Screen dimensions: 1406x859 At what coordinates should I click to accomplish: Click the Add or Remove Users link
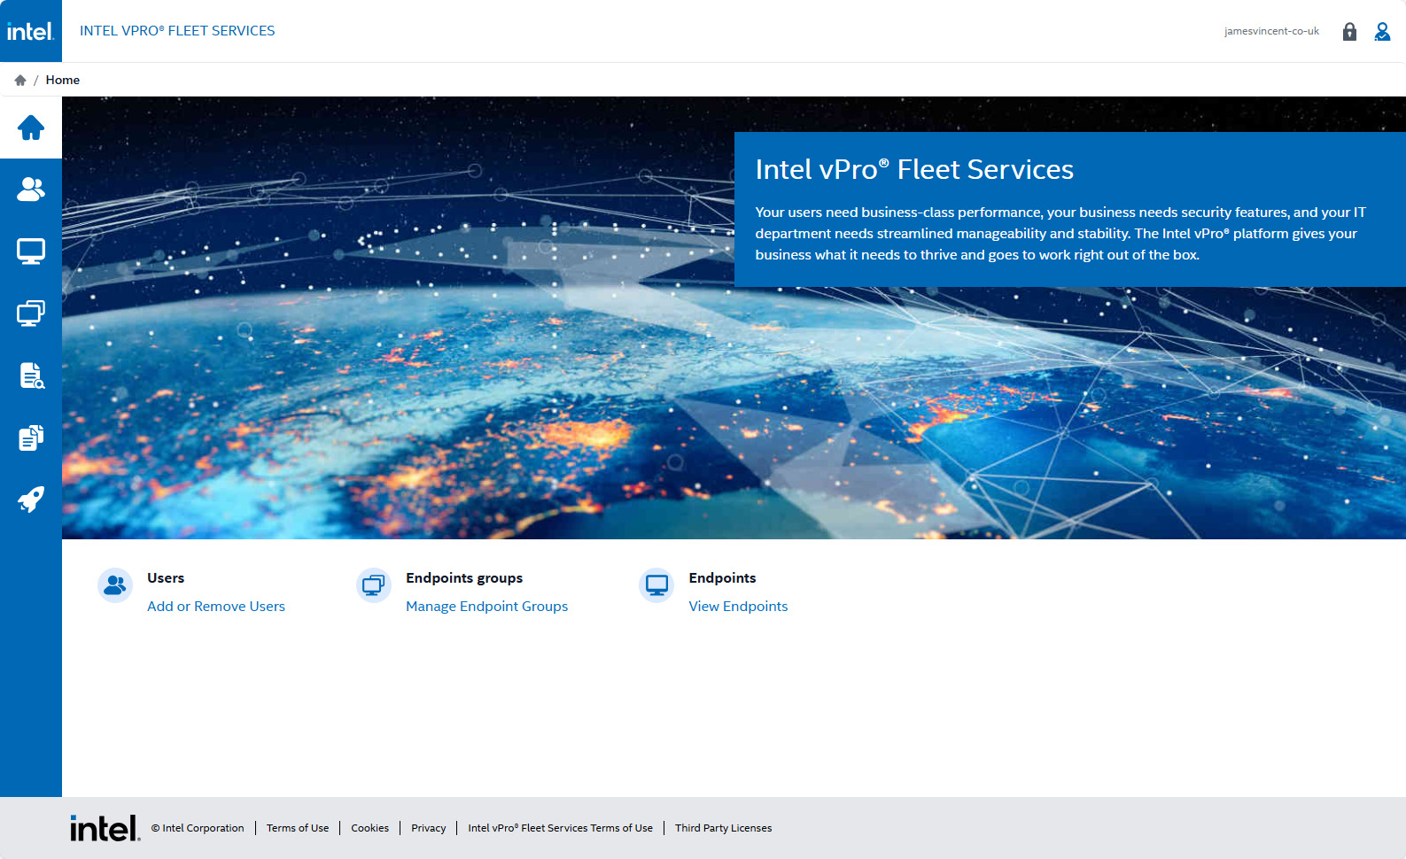[x=216, y=606]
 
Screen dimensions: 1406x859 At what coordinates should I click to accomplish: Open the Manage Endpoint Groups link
[x=486, y=606]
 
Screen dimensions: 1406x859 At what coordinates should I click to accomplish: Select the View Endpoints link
[x=738, y=606]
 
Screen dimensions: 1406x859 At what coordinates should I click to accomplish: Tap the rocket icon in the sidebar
[x=31, y=499]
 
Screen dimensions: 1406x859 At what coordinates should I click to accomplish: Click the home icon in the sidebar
[x=31, y=128]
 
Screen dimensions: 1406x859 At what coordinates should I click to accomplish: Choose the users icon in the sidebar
[x=31, y=189]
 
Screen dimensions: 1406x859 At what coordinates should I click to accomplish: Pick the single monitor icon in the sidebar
[x=31, y=251]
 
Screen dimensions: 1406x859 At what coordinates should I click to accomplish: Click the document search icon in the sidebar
[x=31, y=375]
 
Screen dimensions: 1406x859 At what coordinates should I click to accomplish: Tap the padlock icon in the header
[x=1349, y=31]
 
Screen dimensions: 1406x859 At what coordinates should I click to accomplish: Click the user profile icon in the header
[x=1382, y=31]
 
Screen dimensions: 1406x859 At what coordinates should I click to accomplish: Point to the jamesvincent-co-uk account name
[x=1271, y=31]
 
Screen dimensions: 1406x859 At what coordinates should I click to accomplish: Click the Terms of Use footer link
[x=298, y=828]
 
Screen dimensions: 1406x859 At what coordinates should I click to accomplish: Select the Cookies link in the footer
[x=369, y=828]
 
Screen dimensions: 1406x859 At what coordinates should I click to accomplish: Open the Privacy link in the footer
[x=428, y=828]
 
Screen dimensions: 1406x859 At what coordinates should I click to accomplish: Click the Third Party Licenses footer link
[x=723, y=828]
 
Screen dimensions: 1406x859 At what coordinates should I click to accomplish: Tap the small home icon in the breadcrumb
[x=20, y=80]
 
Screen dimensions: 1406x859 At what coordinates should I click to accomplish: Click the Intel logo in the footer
[x=105, y=828]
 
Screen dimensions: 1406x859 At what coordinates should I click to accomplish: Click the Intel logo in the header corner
[x=31, y=31]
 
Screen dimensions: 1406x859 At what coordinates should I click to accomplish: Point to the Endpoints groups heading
[x=464, y=578]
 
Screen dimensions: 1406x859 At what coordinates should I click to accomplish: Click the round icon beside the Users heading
[x=115, y=585]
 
